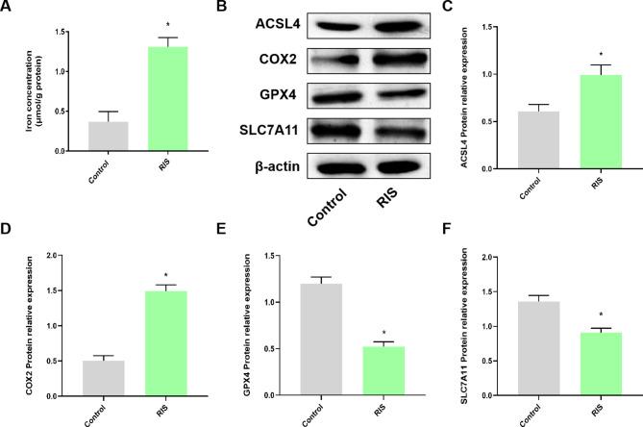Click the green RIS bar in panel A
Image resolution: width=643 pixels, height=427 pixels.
click(168, 99)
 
